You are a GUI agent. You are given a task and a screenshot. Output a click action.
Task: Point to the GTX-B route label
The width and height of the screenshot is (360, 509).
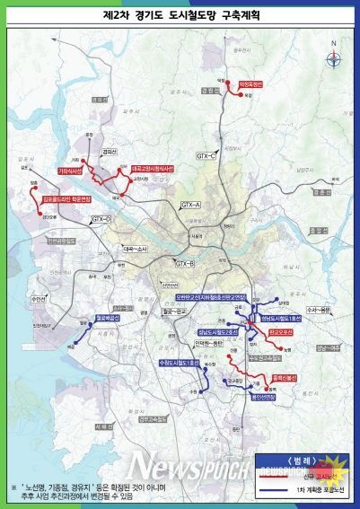point(185,263)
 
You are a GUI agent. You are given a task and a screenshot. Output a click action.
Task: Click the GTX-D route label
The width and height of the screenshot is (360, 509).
point(101,219)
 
